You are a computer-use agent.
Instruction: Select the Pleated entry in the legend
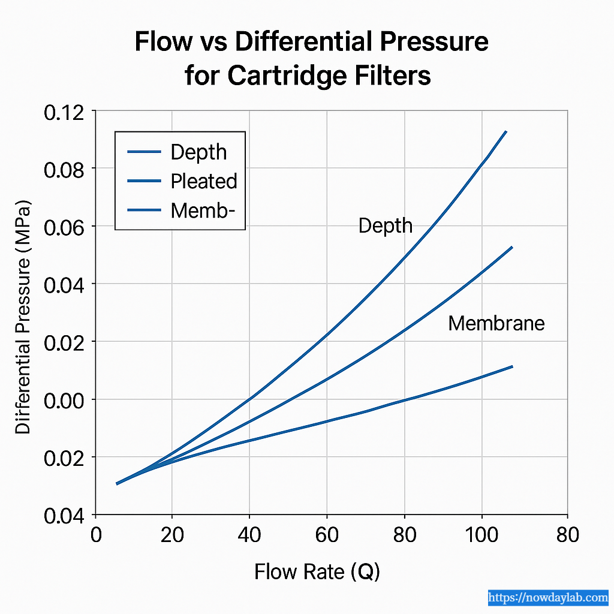tap(204, 181)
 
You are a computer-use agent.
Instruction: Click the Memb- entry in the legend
tap(199, 210)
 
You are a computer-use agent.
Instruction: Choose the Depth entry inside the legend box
tap(198, 152)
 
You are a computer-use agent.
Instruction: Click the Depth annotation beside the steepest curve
tap(386, 225)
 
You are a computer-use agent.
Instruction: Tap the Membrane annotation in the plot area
tap(496, 324)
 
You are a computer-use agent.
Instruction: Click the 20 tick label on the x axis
tap(172, 534)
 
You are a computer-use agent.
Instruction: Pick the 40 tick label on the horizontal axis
tap(249, 534)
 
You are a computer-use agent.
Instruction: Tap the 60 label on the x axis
tap(327, 534)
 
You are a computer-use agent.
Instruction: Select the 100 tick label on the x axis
tap(482, 534)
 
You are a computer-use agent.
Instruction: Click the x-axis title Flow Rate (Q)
tap(317, 571)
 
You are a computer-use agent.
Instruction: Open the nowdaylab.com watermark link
tap(548, 597)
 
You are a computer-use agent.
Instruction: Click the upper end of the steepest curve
tap(506, 131)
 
